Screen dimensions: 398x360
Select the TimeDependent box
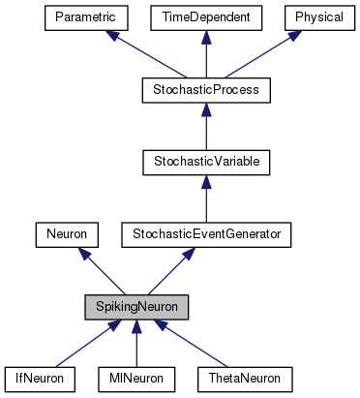[205, 17]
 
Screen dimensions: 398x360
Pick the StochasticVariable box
[205, 161]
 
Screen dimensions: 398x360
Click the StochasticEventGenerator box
[205, 233]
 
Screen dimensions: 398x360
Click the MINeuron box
[136, 378]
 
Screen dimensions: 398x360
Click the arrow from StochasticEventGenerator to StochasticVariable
[205, 198]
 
